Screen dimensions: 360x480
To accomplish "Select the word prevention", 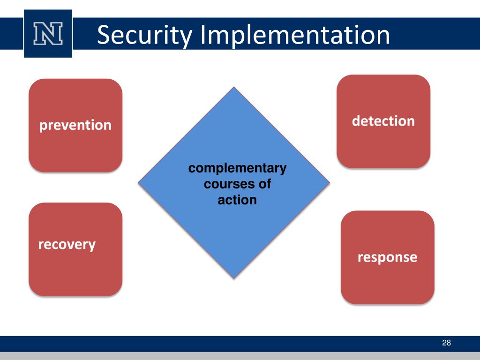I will click(x=75, y=125).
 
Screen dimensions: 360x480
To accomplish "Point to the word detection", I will click(x=383, y=121).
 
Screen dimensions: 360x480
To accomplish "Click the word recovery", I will click(x=67, y=244).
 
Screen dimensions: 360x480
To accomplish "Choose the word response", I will click(x=387, y=257).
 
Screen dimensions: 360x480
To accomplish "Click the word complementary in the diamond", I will click(x=237, y=168).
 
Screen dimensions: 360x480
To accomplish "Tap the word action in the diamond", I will click(x=237, y=200).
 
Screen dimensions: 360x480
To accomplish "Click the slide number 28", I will click(x=446, y=344).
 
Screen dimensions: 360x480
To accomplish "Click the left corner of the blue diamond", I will click(x=139, y=183).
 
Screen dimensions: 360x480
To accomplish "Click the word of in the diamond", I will click(x=264, y=184).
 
